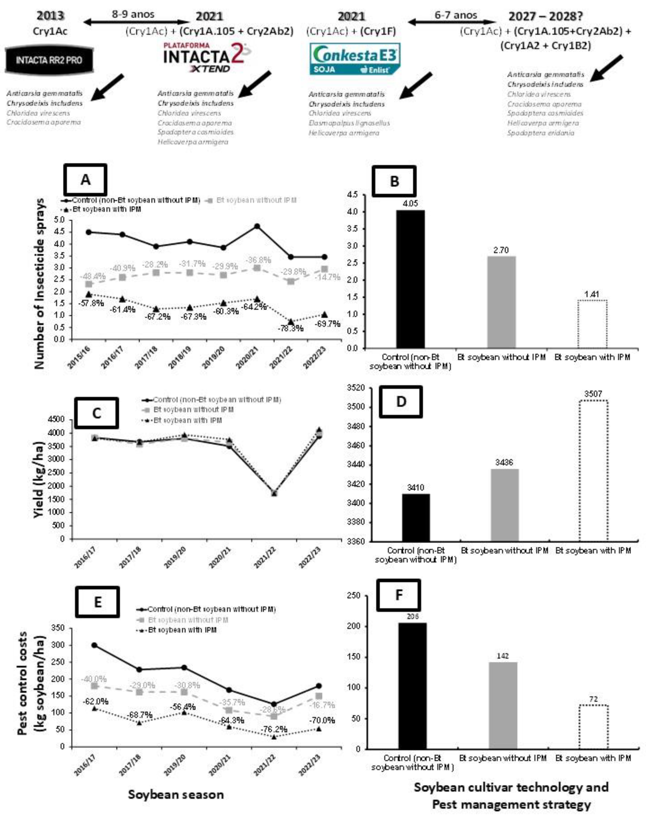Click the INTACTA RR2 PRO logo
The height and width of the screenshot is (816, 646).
tap(49, 60)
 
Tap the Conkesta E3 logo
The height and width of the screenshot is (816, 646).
tap(355, 59)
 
